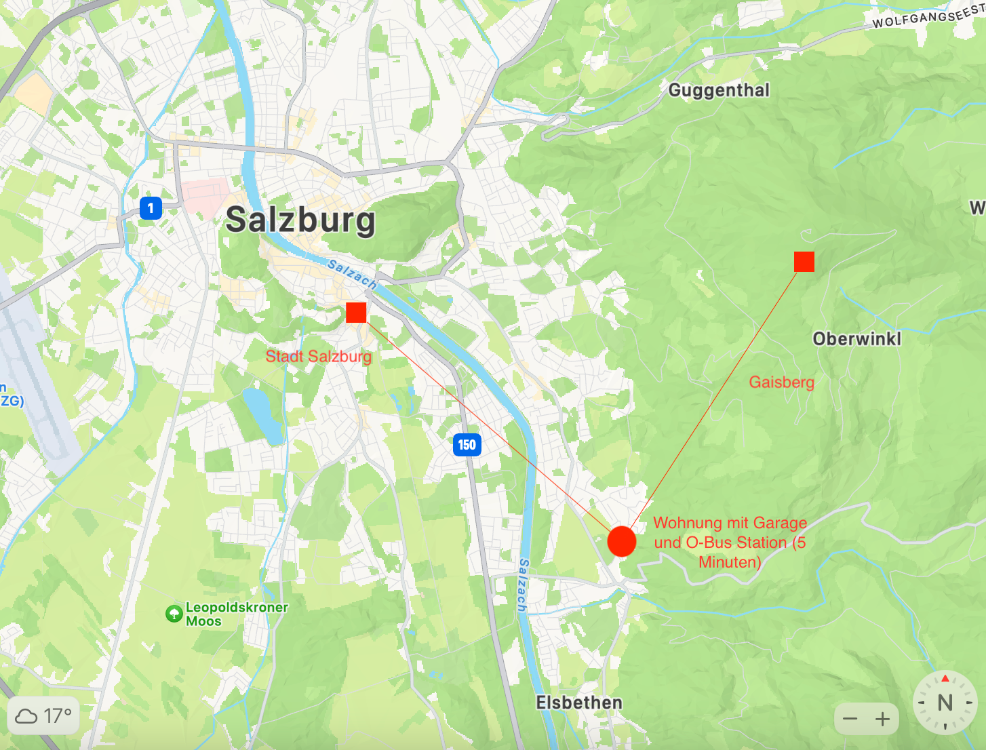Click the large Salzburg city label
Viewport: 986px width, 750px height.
tap(300, 220)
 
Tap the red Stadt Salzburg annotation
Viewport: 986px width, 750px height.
tap(318, 357)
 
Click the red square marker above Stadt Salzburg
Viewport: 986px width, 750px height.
tap(356, 313)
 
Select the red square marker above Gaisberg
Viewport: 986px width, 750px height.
tap(804, 261)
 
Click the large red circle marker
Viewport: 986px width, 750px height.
tap(621, 541)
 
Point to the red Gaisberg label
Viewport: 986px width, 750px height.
tap(781, 382)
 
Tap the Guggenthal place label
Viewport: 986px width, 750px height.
tap(719, 90)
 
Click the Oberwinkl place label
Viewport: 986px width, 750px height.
tap(856, 338)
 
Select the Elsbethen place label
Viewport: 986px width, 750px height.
tap(578, 703)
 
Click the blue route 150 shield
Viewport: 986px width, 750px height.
tap(467, 445)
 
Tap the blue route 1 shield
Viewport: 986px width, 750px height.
tap(151, 208)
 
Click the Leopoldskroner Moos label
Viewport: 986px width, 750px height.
tap(236, 614)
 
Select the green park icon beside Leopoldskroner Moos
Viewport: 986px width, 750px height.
tap(174, 614)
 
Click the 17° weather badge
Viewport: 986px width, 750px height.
tap(44, 716)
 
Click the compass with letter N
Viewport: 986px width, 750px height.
tap(945, 703)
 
